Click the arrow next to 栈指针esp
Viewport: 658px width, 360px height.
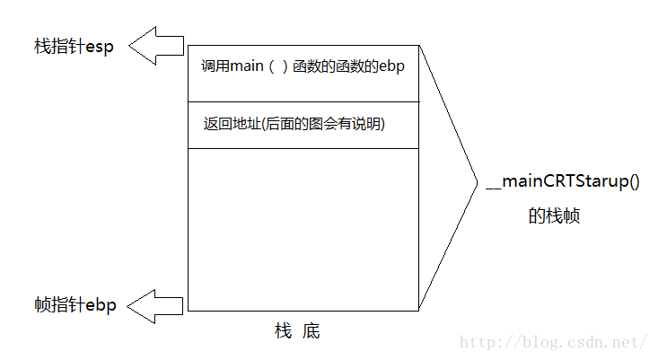(x=155, y=46)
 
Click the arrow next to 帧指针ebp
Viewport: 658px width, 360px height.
(x=155, y=306)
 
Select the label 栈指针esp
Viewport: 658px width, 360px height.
(x=74, y=47)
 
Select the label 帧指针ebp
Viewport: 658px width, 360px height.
(x=74, y=306)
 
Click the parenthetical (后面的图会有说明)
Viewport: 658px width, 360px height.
(x=324, y=124)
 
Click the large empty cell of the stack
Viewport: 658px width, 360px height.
(x=303, y=229)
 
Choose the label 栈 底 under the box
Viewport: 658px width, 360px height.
(x=297, y=332)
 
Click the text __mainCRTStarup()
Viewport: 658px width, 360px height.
(x=562, y=182)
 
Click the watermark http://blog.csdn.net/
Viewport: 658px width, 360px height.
(x=554, y=343)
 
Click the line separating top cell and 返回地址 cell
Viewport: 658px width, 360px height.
(x=303, y=101)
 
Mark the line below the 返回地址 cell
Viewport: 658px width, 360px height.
(x=303, y=148)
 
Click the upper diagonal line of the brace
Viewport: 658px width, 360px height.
(x=447, y=113)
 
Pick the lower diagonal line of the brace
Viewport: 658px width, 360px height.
(x=447, y=248)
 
